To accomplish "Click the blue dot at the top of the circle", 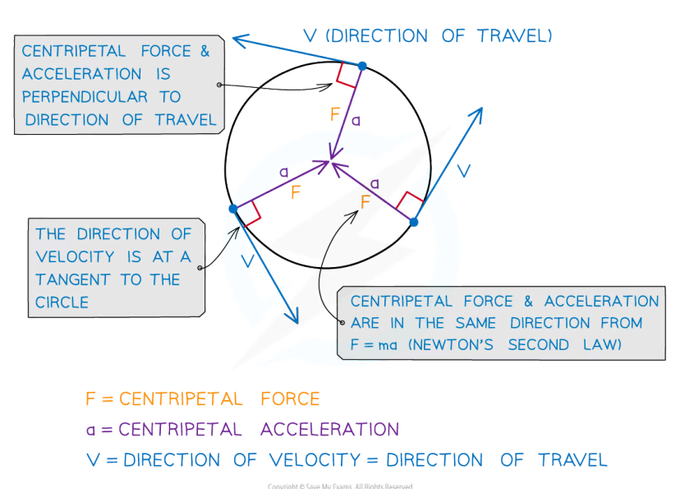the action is [x=362, y=66].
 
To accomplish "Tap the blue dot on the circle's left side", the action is [x=233, y=209].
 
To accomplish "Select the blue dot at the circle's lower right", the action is [x=414, y=222].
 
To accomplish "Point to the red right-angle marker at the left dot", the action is [x=248, y=215].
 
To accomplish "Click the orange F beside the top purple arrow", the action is [x=335, y=114].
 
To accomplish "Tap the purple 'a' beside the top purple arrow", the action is [x=356, y=120].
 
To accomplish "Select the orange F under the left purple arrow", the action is [x=296, y=191].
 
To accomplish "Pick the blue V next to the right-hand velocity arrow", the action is [x=463, y=171].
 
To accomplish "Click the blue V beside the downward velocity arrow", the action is [x=248, y=261].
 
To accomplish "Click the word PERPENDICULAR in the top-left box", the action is [x=85, y=97].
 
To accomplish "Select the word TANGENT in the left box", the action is [x=73, y=279].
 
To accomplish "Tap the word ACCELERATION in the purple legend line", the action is [x=330, y=429].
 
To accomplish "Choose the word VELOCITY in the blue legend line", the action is [x=315, y=459].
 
